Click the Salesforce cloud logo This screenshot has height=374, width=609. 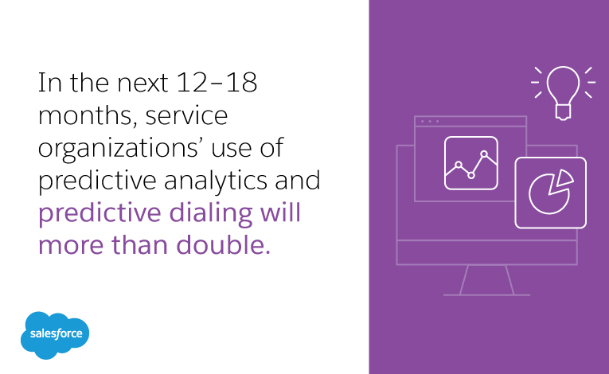point(55,335)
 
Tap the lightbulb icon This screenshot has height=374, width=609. point(563,93)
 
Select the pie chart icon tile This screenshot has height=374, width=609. point(550,193)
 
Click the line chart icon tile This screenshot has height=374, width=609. point(471,163)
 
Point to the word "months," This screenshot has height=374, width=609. point(88,116)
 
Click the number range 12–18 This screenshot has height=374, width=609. point(217,82)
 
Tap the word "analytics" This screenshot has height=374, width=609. point(216,181)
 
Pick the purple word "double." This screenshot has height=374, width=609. point(224,245)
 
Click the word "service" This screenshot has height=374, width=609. point(186,115)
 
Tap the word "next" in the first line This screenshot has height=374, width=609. point(142,84)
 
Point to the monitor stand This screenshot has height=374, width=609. point(486,280)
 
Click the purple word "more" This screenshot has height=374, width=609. point(71,246)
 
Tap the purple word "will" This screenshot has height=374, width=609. point(280,212)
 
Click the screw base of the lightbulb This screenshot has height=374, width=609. point(563,112)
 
